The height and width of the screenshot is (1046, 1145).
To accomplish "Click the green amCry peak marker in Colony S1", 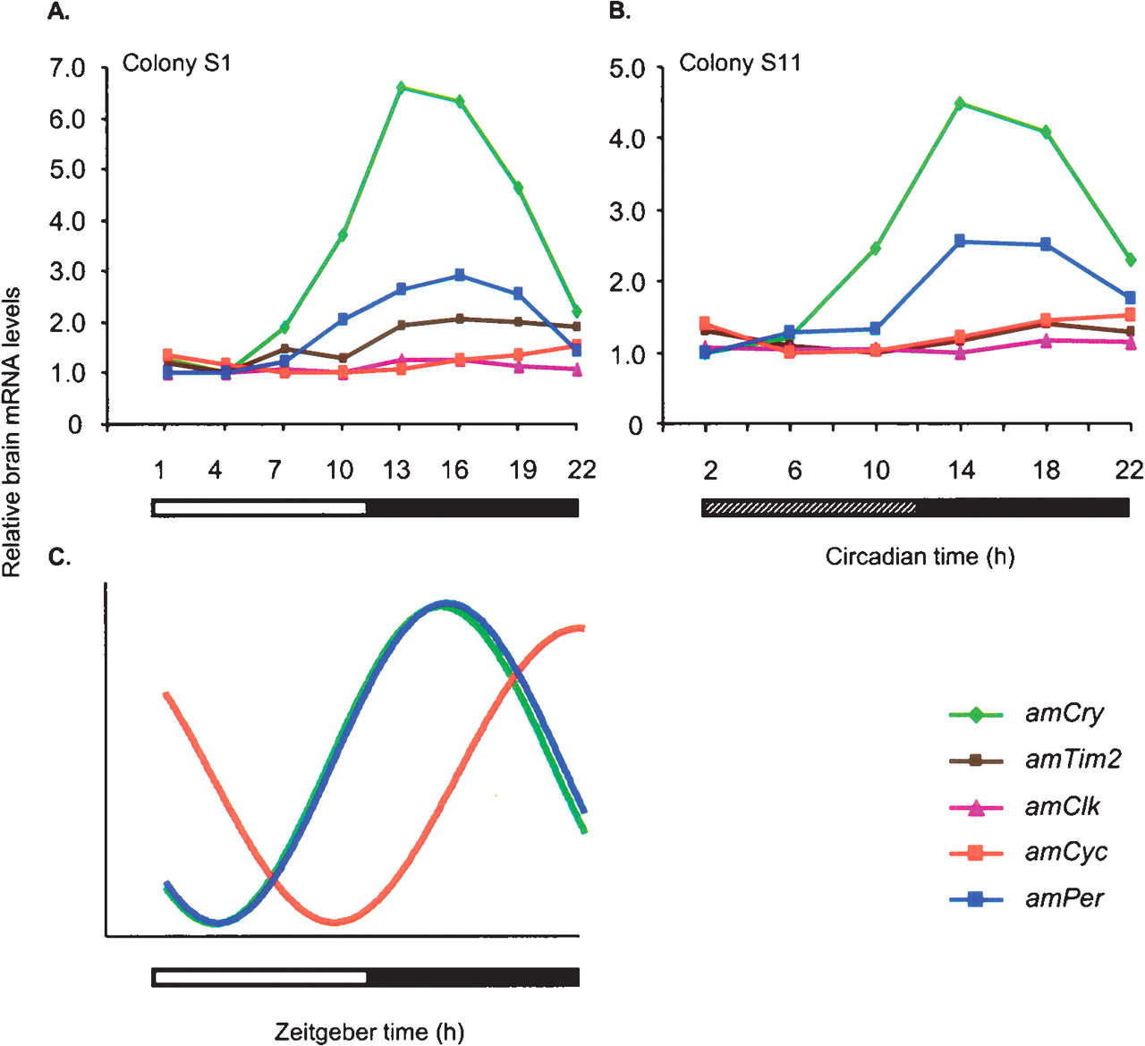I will point(401,88).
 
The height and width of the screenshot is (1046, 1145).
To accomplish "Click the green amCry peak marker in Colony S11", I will point(960,104).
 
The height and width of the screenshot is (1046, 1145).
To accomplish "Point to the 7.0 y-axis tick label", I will point(67,69).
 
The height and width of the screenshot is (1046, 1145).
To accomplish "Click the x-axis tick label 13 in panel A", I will point(396,470).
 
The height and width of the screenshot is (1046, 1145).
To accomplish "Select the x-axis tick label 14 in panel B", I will point(961,470).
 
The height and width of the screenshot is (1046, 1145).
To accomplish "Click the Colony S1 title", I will point(176,64).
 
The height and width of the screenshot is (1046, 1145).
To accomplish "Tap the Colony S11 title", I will point(740,64).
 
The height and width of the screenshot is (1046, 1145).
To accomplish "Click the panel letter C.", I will point(59,557).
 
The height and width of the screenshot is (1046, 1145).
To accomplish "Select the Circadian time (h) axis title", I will point(920,557).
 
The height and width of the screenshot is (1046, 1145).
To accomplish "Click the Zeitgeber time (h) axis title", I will point(369,1032).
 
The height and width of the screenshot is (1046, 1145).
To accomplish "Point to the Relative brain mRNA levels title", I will point(12,432).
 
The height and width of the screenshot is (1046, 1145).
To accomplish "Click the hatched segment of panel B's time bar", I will point(810,508).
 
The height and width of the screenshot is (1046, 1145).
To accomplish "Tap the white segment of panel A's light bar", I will point(259,508).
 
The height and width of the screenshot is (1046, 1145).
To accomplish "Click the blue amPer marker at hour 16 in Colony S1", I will point(459,276).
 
